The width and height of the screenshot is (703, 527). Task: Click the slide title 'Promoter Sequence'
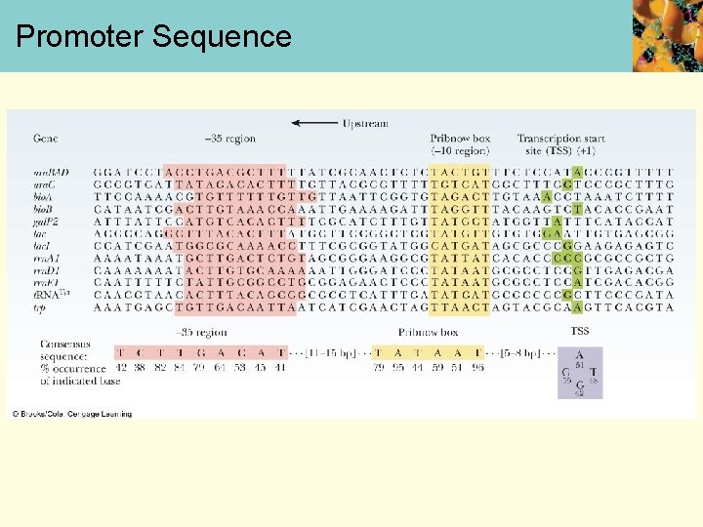(x=153, y=37)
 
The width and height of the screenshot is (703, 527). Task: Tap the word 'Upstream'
(x=365, y=124)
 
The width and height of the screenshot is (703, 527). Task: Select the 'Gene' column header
(x=46, y=140)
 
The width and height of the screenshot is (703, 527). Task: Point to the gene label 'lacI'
(x=42, y=246)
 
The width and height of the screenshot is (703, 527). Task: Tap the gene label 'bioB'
(x=44, y=209)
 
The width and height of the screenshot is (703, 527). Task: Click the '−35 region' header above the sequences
(x=230, y=140)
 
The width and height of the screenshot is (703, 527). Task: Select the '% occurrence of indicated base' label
(x=74, y=374)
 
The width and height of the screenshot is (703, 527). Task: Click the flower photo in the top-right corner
(x=667, y=35)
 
